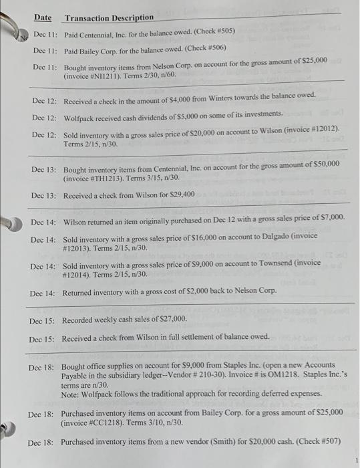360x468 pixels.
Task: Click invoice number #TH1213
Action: (100, 179)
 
